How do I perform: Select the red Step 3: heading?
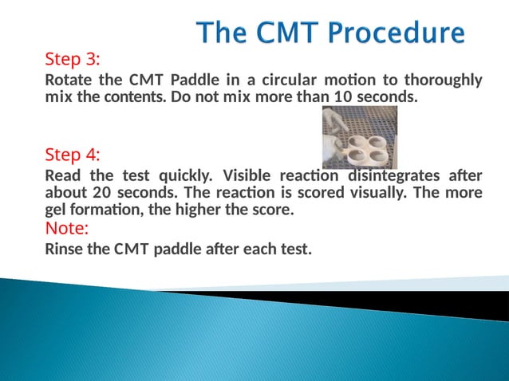(x=73, y=60)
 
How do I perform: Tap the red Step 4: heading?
(x=73, y=154)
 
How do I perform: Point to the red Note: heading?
(x=67, y=229)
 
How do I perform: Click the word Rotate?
(x=68, y=81)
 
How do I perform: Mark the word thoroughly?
(x=443, y=81)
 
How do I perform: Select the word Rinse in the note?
(x=64, y=249)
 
